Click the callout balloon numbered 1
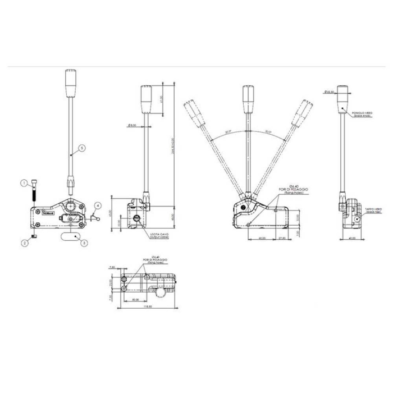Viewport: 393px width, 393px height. pos(24,182)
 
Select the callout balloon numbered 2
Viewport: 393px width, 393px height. pos(24,243)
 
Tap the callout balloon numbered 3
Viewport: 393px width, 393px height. pos(84,243)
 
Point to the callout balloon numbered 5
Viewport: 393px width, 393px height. pos(81,148)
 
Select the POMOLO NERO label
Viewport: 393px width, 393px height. pos(363,114)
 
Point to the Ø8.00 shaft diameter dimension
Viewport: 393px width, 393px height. pos(133,125)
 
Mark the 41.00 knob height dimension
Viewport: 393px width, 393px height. pos(161,99)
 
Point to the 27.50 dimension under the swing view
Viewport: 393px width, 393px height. pos(282,238)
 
